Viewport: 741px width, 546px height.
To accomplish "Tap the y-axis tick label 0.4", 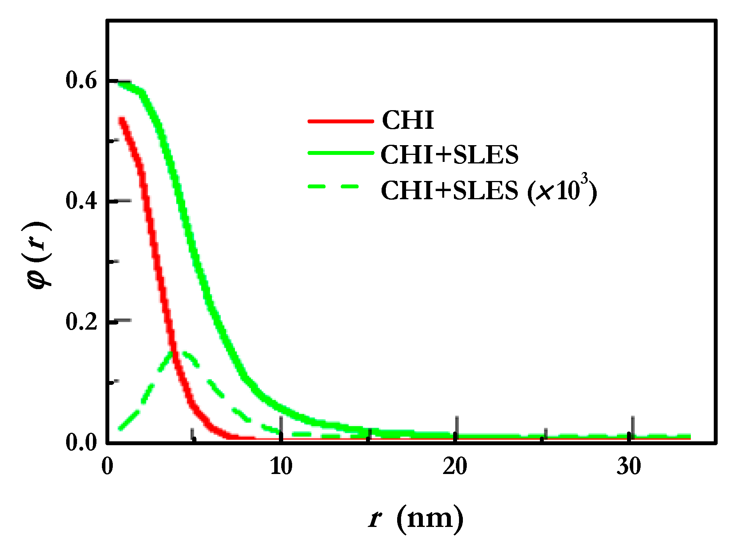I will coord(81,201).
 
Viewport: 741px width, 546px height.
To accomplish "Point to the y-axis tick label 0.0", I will coord(81,442).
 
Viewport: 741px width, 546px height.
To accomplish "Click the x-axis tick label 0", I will coord(107,466).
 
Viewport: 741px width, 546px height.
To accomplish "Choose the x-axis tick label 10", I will coord(281,466).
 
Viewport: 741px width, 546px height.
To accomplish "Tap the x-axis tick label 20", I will coord(455,466).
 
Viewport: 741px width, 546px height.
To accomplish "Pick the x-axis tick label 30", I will coord(629,466).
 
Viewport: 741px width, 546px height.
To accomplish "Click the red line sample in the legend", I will coord(340,121).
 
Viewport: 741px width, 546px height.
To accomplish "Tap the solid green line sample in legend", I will coord(340,153).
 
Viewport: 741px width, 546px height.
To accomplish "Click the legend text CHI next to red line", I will coord(408,120).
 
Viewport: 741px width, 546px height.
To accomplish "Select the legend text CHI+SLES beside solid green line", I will coord(449,154).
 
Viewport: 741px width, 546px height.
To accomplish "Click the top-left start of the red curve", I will coord(122,119).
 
